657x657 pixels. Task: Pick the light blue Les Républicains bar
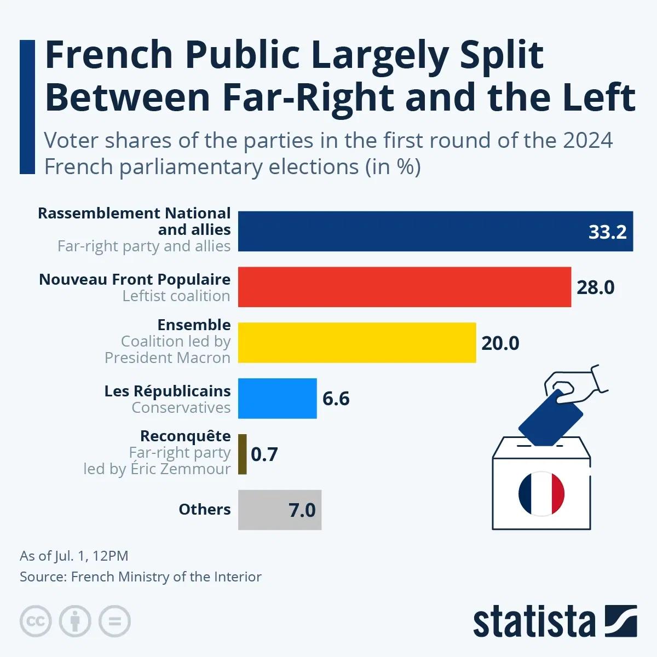(x=277, y=399)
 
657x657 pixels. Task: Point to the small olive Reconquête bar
(x=243, y=454)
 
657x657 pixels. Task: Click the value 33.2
(x=607, y=232)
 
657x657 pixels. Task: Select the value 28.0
(x=595, y=287)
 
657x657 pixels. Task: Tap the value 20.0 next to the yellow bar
(x=500, y=343)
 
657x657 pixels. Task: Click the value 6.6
(x=336, y=399)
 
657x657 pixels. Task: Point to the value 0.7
(x=264, y=454)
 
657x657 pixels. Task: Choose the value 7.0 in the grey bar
(x=302, y=510)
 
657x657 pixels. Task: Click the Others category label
(x=205, y=509)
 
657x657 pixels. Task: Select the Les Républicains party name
(x=168, y=391)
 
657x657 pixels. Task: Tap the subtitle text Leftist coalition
(x=176, y=296)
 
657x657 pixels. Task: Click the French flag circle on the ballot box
(x=541, y=493)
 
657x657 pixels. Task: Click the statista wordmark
(x=534, y=622)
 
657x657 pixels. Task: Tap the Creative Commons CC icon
(x=36, y=621)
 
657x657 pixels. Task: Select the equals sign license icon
(x=114, y=621)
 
